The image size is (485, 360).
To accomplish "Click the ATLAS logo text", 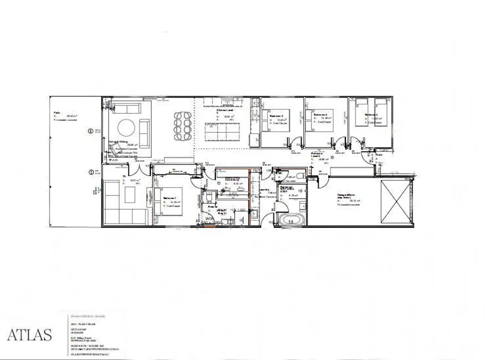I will [x=29, y=335].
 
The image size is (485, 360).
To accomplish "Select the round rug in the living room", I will [x=126, y=127].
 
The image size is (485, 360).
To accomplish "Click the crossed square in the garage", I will [x=396, y=203].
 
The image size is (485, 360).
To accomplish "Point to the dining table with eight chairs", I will [x=182, y=126].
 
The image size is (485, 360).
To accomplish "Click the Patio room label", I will [x=57, y=113].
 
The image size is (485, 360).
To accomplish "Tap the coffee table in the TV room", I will [x=131, y=195].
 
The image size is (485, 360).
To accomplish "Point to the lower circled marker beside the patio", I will [x=91, y=172].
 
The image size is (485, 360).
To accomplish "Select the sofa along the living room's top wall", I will [x=125, y=109].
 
